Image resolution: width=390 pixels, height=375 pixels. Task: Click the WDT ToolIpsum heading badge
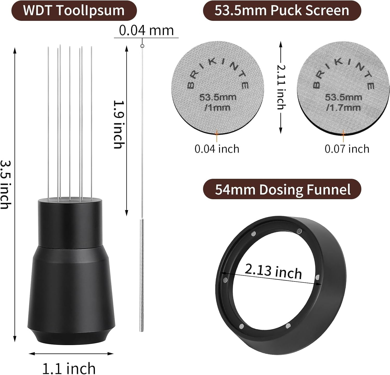point(74,11)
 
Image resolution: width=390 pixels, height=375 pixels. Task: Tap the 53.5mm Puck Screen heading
point(282,11)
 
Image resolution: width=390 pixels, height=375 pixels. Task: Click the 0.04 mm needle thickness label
point(146,30)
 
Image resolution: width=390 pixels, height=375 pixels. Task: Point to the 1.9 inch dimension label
point(119,125)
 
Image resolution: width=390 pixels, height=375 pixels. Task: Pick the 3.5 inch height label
point(6,185)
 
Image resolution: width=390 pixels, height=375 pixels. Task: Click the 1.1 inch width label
point(69,368)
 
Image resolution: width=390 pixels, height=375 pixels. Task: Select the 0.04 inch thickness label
point(217,149)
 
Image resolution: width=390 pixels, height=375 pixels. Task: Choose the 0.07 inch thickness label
point(347,149)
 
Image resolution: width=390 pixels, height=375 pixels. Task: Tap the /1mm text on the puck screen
point(217,107)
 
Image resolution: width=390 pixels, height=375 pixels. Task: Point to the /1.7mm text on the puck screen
point(343,107)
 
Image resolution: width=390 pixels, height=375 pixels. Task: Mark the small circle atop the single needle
point(142,46)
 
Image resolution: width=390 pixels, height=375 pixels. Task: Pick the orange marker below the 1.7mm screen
point(343,134)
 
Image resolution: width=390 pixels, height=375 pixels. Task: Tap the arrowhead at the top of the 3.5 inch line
point(15,50)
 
